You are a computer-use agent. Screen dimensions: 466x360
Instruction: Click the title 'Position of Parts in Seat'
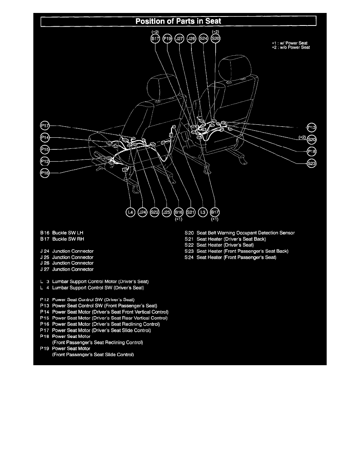(x=178, y=21)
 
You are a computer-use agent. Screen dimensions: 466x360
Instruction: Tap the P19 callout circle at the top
(x=167, y=38)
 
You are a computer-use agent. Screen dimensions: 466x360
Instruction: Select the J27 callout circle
(x=180, y=38)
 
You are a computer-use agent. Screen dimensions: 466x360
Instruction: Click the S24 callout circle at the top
(x=204, y=38)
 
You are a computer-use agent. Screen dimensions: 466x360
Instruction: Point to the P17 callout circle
(x=45, y=126)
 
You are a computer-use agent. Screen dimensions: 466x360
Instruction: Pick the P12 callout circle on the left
(x=45, y=161)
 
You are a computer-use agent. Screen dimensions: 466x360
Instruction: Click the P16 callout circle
(x=45, y=173)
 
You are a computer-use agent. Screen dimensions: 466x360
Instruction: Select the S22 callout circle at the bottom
(x=155, y=212)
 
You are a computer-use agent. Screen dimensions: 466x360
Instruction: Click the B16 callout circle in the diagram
(x=179, y=212)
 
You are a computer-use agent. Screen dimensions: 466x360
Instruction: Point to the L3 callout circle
(x=203, y=212)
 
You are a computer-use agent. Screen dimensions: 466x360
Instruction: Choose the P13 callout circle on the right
(x=312, y=127)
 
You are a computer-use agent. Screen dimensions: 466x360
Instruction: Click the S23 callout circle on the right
(x=312, y=164)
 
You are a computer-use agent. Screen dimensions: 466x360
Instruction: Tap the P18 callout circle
(x=312, y=151)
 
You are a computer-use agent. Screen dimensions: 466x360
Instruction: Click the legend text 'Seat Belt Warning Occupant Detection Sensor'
(x=245, y=233)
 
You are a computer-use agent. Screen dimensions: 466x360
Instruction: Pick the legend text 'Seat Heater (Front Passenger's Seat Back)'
(x=242, y=251)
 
